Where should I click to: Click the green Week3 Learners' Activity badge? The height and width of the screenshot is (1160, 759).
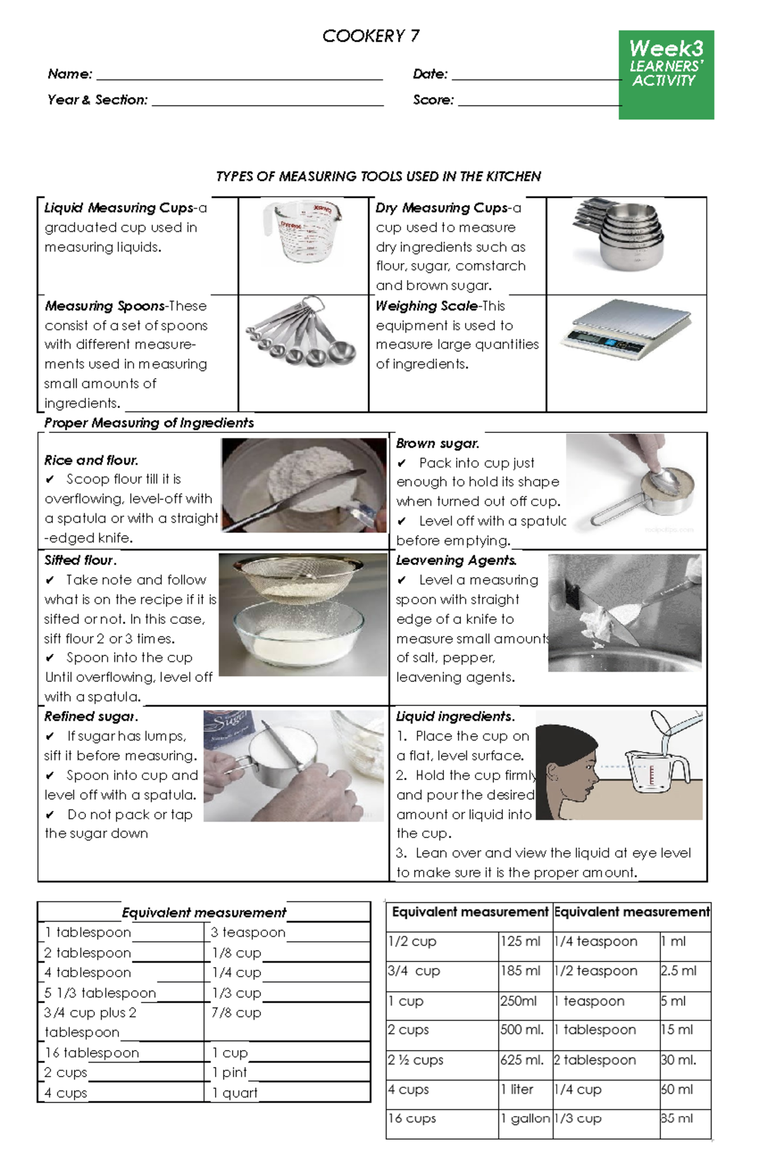click(665, 74)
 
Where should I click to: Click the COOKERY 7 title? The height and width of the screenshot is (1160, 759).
click(371, 36)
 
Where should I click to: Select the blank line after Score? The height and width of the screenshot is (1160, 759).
click(539, 101)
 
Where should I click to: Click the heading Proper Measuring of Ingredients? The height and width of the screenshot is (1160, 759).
click(149, 423)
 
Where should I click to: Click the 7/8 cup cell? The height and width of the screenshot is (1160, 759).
click(237, 1013)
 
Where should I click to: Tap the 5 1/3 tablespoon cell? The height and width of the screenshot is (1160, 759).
click(100, 993)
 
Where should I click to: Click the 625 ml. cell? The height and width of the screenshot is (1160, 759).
click(522, 1060)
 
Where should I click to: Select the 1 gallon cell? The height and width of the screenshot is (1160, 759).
click(525, 1118)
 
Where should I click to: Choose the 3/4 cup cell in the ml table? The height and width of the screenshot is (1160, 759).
click(414, 971)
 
